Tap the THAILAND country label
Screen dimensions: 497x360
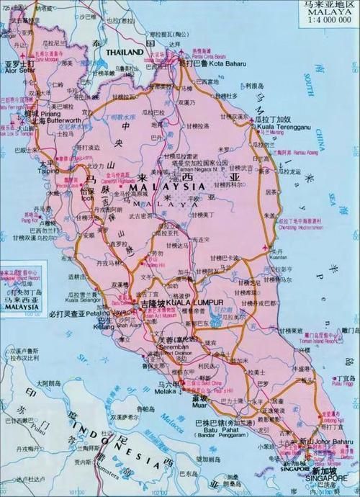point(125,53)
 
